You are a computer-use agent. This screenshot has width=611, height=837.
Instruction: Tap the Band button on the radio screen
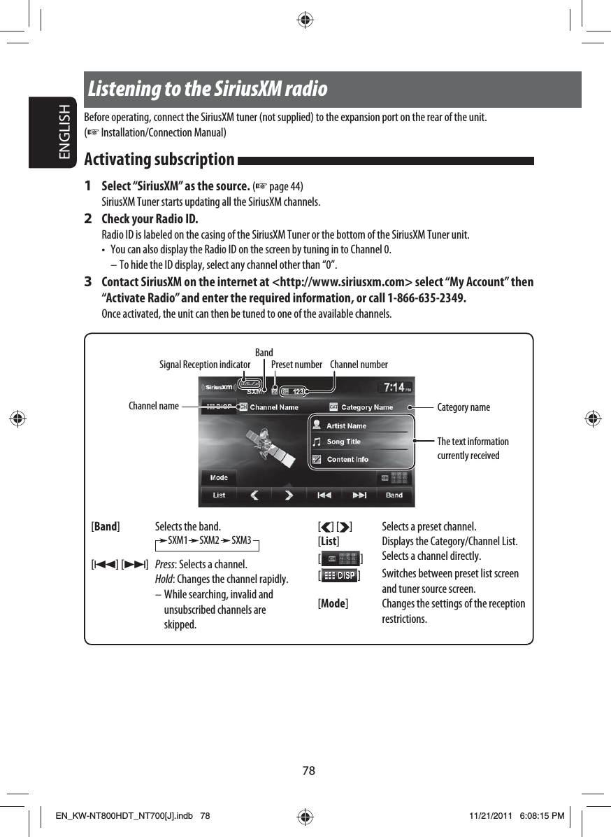[x=394, y=495]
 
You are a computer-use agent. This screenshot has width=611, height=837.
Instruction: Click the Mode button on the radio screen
[x=219, y=478]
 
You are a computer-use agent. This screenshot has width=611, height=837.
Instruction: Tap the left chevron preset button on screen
[x=254, y=495]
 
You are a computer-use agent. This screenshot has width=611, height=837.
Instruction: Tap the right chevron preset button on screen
[x=289, y=495]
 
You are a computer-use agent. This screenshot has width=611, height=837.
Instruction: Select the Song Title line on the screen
[x=343, y=442]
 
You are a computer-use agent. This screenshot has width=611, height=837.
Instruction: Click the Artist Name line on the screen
[x=346, y=425]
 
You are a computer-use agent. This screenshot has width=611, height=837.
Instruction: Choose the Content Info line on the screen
[x=347, y=459]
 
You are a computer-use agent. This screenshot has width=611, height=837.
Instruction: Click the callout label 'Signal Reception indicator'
[x=204, y=365]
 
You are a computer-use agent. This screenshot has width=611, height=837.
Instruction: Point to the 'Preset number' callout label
[x=296, y=365]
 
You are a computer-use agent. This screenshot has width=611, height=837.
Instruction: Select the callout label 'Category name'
[x=463, y=407]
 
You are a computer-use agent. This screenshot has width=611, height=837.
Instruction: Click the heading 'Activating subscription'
[x=159, y=160]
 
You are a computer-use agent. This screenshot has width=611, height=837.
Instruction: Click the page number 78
[x=308, y=771]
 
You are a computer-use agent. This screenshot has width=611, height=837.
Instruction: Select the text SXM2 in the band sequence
[x=209, y=541]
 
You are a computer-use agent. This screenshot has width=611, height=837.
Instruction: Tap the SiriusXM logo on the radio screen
[x=218, y=387]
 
